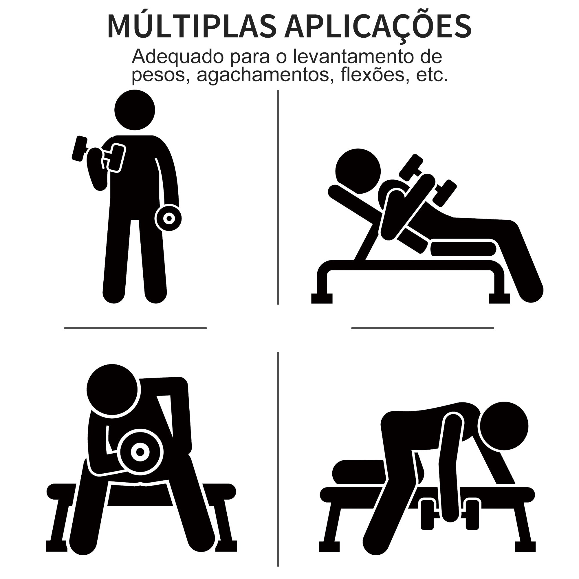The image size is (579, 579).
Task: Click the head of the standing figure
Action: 135,110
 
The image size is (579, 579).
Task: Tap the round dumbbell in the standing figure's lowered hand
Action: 169,218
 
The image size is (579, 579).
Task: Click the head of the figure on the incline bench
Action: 358,171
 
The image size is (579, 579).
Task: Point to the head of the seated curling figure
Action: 112,390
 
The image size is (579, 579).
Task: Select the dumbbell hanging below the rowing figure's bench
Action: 450,514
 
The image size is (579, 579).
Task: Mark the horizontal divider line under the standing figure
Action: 135,328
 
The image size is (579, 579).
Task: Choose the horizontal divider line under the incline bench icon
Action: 423,328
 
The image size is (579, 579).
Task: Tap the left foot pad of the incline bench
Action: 322,298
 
